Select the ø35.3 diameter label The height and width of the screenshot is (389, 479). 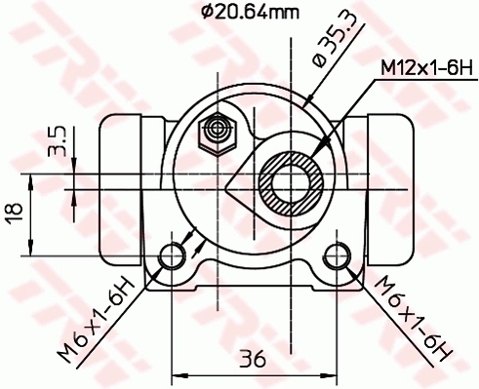click(328, 49)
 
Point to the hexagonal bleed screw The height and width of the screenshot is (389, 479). click(216, 132)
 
